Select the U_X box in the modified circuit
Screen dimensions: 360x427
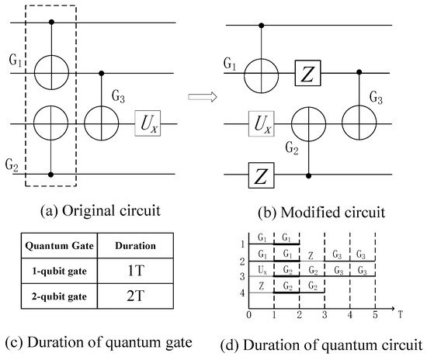[261, 123]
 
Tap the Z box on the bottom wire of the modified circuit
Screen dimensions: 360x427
[261, 175]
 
